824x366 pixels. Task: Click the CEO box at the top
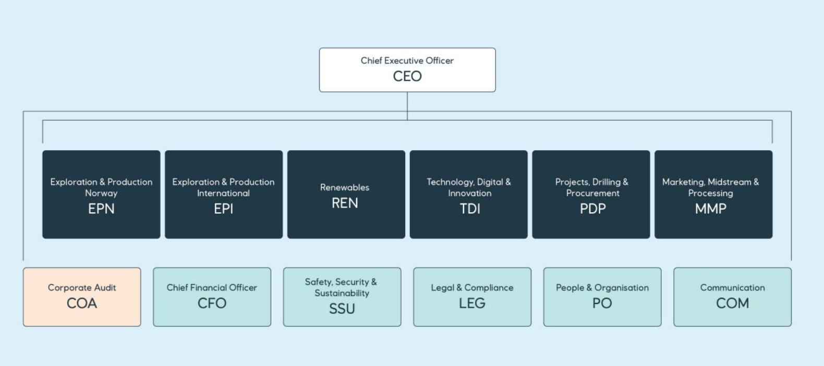coord(407,70)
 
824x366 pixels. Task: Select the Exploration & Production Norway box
coord(101,194)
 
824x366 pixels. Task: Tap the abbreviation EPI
coord(224,209)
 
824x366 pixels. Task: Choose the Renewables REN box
coord(346,194)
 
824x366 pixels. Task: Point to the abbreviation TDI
coord(470,209)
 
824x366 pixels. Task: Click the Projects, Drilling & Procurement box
coord(591,194)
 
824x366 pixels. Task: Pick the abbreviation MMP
coord(710,209)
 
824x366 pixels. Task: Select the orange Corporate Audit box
coord(82,297)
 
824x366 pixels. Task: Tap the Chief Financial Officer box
coord(212,297)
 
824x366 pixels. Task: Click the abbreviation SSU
coord(342,309)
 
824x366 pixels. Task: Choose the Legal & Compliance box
coord(472,297)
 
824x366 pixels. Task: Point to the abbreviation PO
coord(602,303)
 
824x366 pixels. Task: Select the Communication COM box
coord(732,297)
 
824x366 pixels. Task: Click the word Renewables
coord(345,187)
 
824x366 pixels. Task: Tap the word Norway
coord(101,193)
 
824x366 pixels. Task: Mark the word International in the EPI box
coord(223,193)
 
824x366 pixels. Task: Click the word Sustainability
coord(342,293)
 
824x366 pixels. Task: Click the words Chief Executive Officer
coord(407,60)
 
